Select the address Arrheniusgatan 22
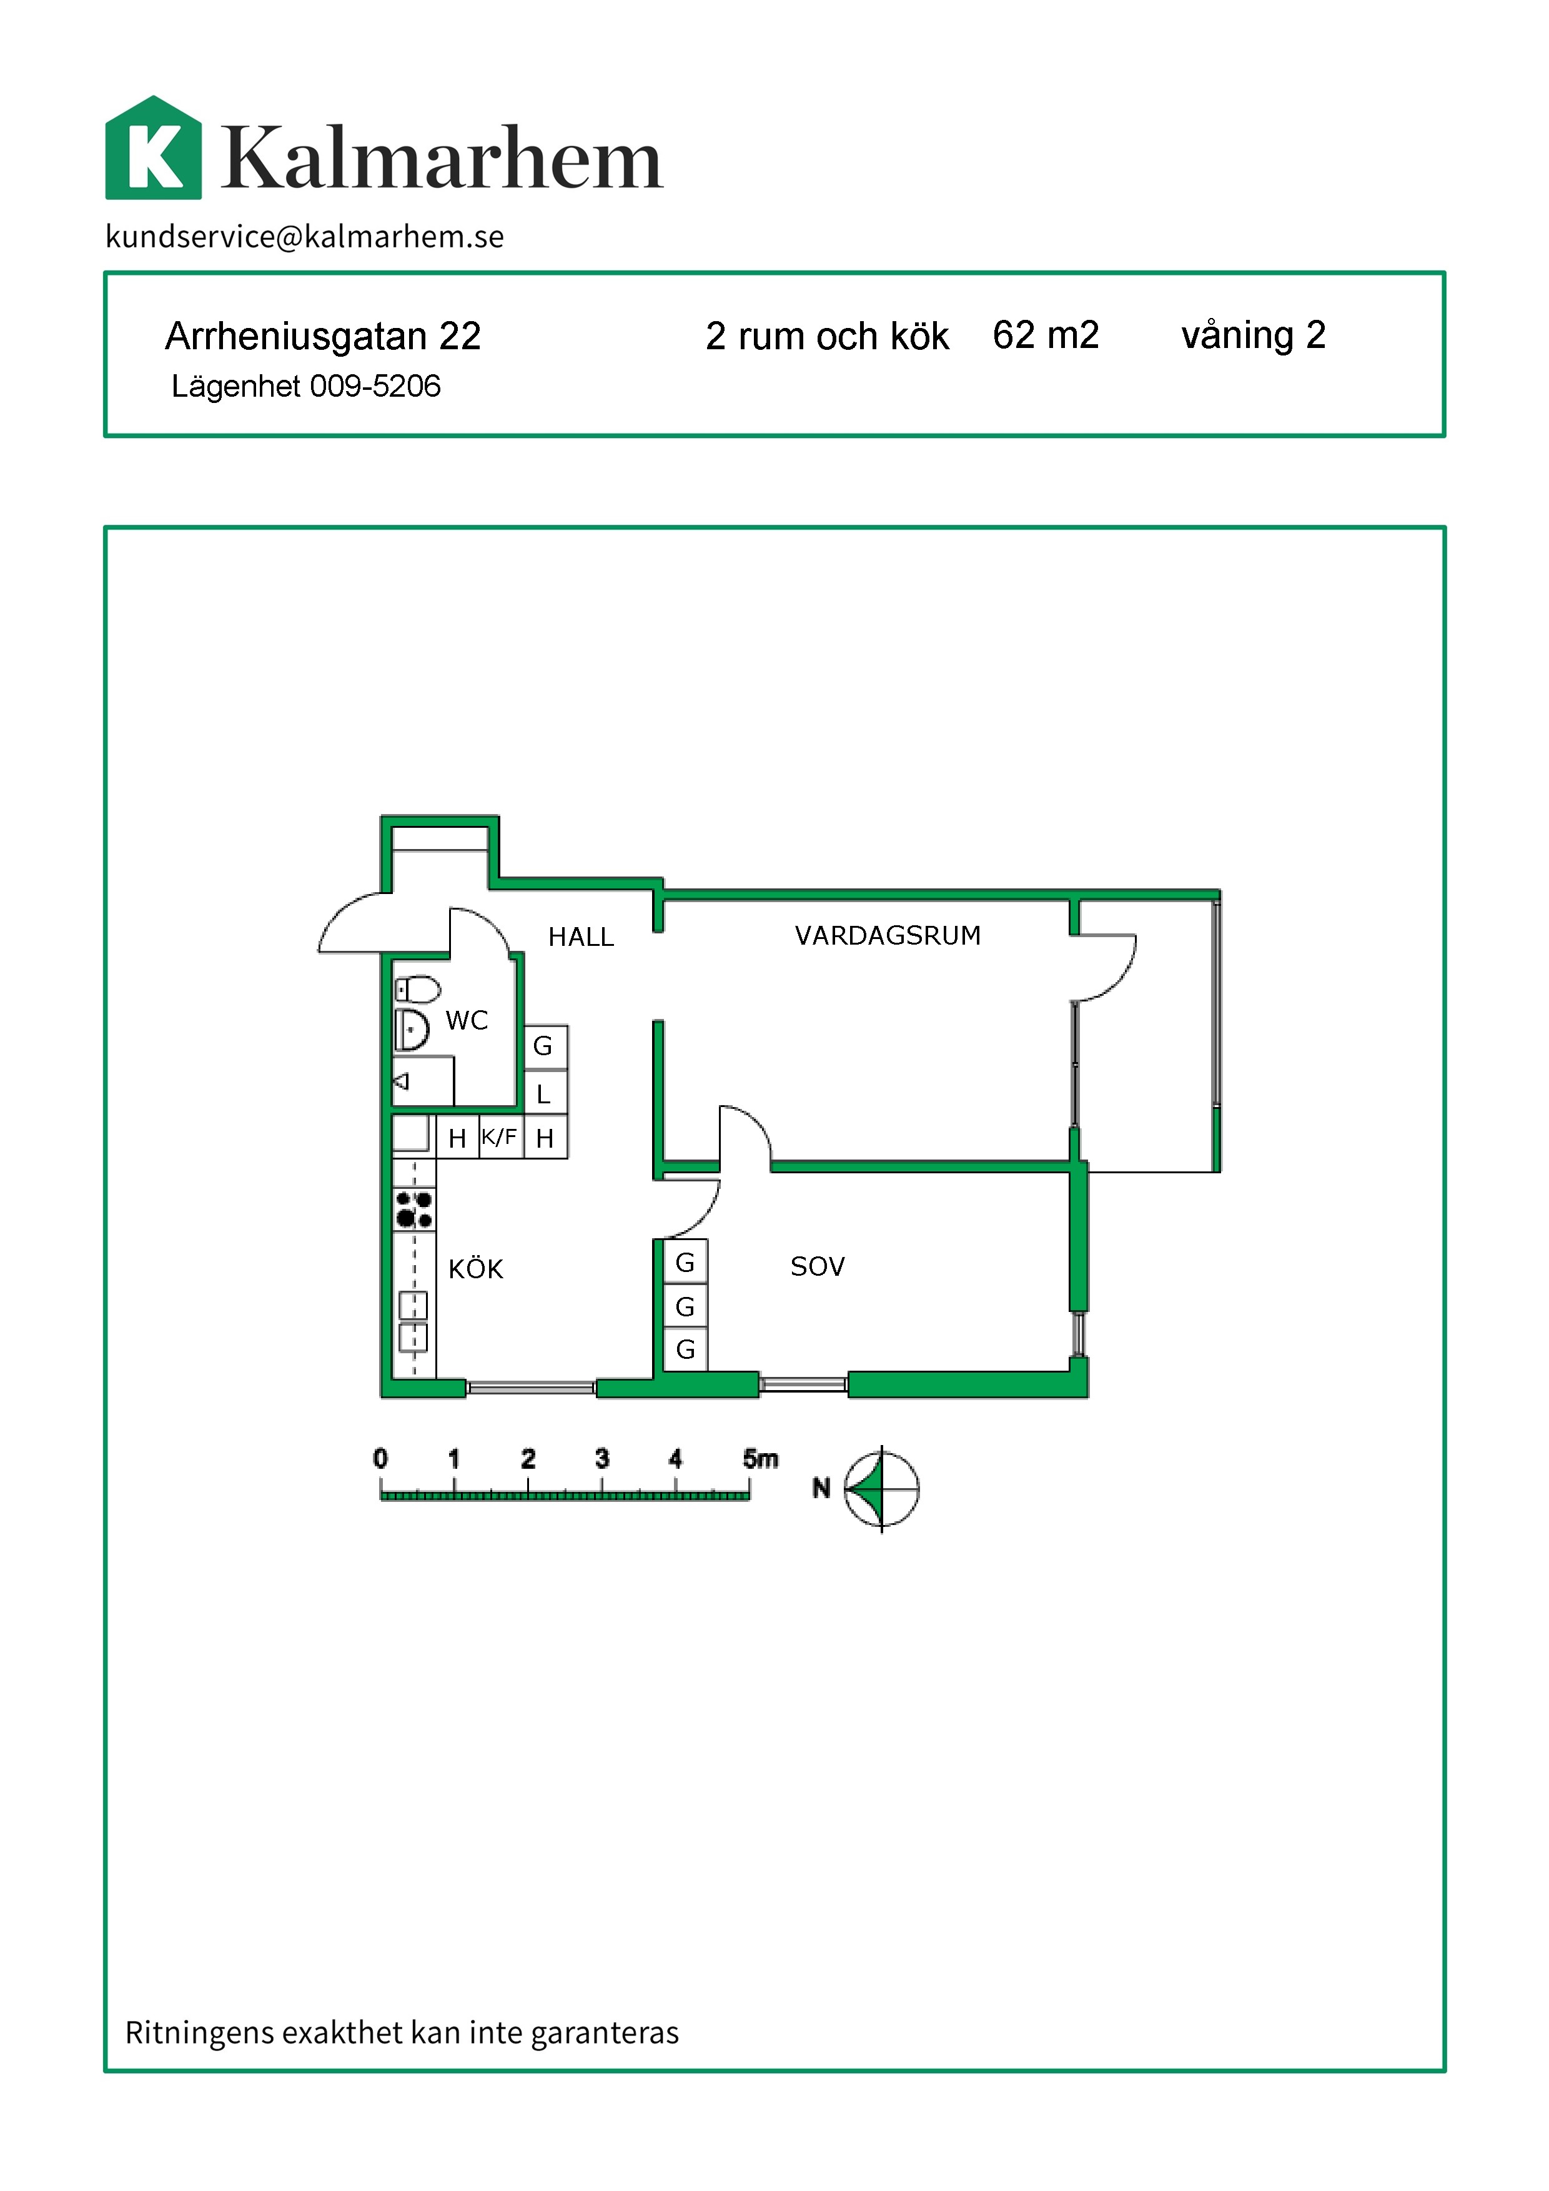pyautogui.click(x=322, y=336)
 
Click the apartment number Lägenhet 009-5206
pyautogui.click(x=305, y=387)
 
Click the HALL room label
pyautogui.click(x=581, y=937)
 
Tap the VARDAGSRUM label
pyautogui.click(x=888, y=935)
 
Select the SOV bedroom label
pyautogui.click(x=818, y=1266)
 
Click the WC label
pyautogui.click(x=467, y=1021)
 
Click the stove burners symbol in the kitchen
pyautogui.click(x=414, y=1209)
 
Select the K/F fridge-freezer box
pyautogui.click(x=500, y=1136)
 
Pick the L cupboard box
pyautogui.click(x=545, y=1093)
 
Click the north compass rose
pyautogui.click(x=881, y=1489)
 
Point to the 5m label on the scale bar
pyautogui.click(x=760, y=1459)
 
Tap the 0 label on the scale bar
pyautogui.click(x=380, y=1458)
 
